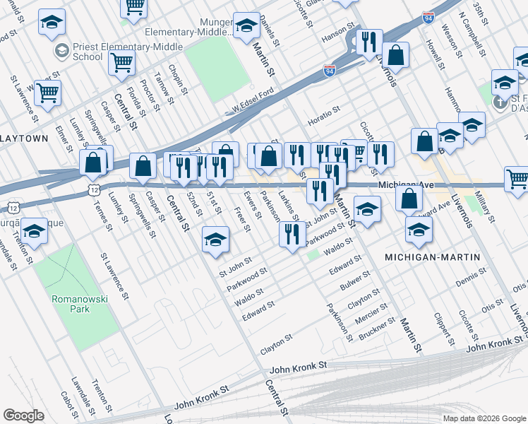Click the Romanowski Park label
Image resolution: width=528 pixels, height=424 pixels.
(x=79, y=305)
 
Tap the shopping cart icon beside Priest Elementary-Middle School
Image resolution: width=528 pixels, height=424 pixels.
(x=121, y=62)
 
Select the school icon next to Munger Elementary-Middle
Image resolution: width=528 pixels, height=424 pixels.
(x=246, y=25)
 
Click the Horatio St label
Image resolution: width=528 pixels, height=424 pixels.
(x=324, y=111)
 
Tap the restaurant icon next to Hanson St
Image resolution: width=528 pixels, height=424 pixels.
(x=369, y=42)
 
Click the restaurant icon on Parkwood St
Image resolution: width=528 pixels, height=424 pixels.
(x=292, y=234)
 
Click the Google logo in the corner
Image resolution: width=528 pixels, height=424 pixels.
(x=23, y=416)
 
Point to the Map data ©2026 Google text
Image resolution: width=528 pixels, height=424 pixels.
(x=484, y=418)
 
